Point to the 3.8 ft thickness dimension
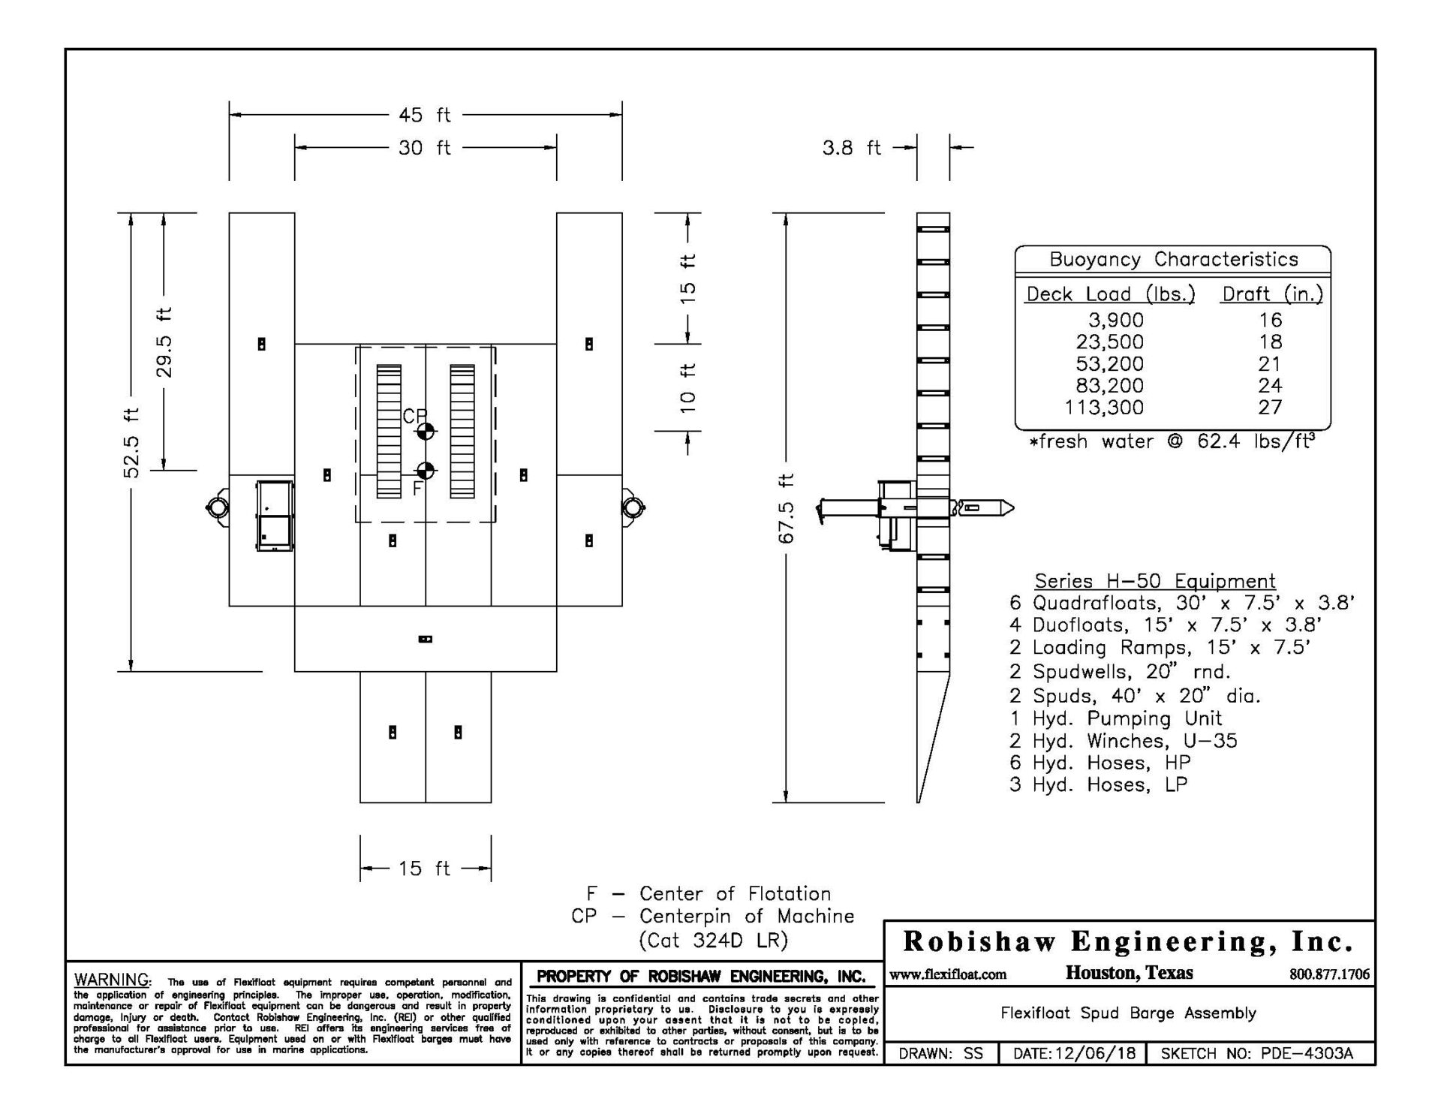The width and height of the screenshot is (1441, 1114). (851, 148)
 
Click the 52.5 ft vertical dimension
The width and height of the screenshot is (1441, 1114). (131, 442)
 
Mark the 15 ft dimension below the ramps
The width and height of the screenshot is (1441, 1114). (425, 869)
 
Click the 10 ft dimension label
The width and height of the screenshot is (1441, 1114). (688, 387)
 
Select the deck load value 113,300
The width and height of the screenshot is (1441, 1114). (1104, 408)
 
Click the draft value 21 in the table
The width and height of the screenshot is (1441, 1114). (1270, 364)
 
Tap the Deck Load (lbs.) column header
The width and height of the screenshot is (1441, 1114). (1110, 294)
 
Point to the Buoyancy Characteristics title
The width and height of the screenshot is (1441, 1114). (1173, 260)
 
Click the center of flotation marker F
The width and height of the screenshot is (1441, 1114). (425, 471)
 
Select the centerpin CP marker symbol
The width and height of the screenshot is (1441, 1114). (425, 432)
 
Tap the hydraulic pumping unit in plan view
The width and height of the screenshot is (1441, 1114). (275, 516)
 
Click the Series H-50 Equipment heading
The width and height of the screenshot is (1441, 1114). (1155, 581)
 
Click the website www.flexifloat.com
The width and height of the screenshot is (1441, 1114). (948, 974)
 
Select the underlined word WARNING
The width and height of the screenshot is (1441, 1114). (113, 980)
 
